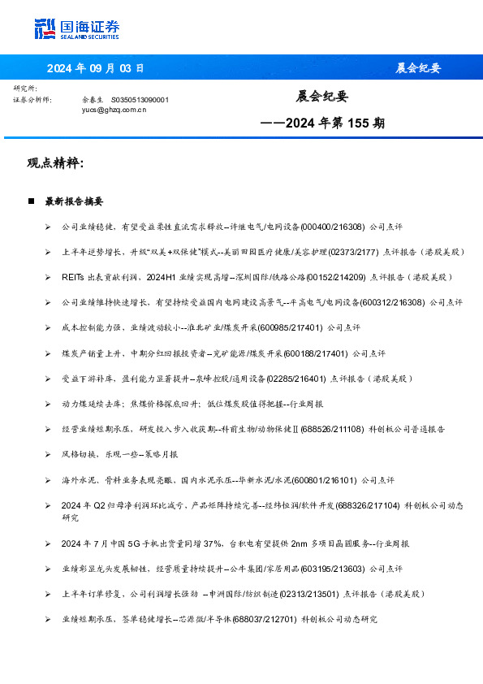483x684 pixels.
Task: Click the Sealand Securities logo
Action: coord(77,29)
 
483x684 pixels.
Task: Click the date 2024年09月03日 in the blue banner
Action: coord(96,68)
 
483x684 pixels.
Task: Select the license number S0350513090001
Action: coord(140,99)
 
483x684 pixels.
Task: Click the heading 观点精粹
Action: coord(55,162)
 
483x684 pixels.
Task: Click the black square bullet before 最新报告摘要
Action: coord(31,200)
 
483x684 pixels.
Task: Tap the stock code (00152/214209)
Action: coord(330,277)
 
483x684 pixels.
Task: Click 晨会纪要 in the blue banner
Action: coord(418,68)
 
